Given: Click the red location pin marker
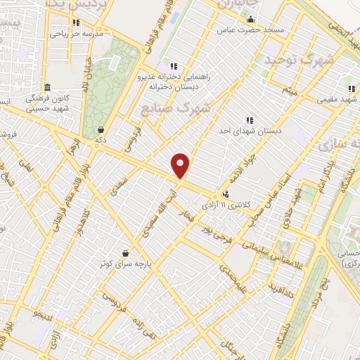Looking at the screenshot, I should click(181, 166).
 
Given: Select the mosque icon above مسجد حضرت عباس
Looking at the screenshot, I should click(250, 20).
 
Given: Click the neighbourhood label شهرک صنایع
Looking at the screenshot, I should click(176, 109).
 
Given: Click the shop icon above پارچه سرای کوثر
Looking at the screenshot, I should click(126, 253).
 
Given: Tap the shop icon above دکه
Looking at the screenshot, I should click(102, 130).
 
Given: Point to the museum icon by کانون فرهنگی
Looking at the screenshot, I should click(47, 87).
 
